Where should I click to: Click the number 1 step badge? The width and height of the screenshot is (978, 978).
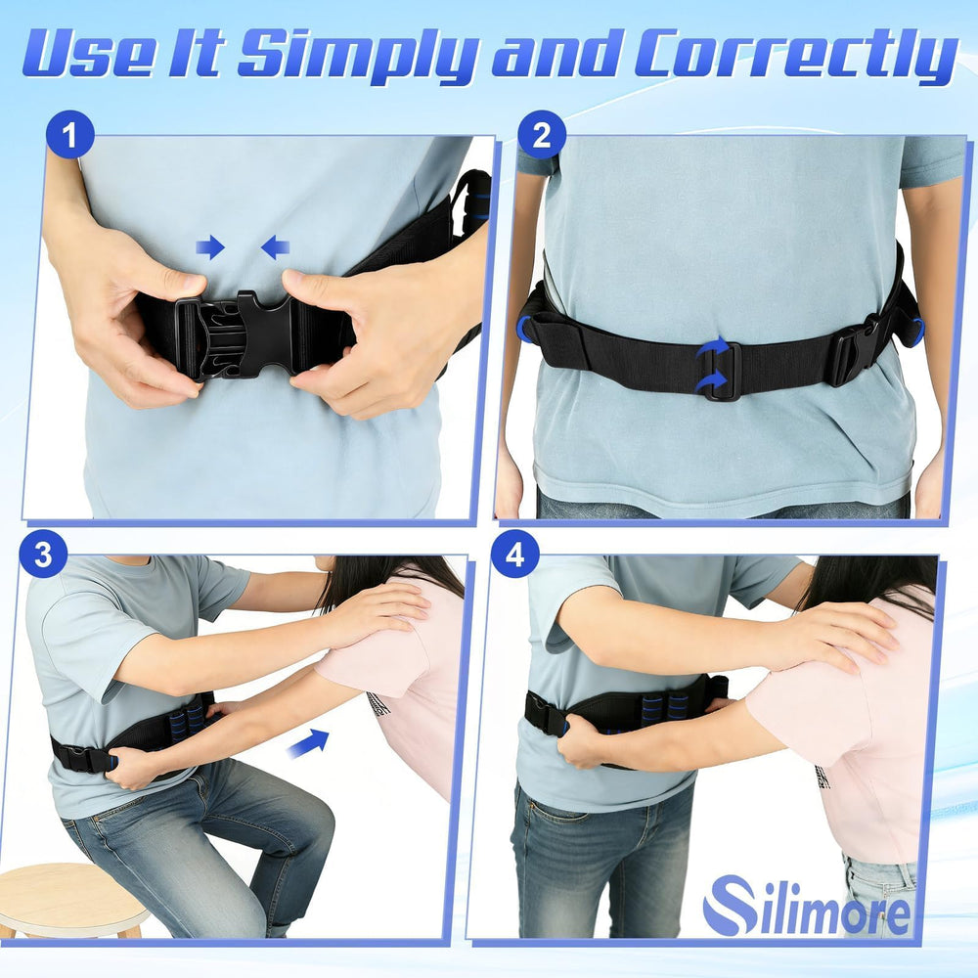point(69,135)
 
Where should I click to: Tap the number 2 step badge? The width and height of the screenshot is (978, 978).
point(542,135)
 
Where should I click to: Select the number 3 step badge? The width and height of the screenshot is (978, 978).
point(43,554)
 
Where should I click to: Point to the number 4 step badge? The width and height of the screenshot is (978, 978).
point(514,554)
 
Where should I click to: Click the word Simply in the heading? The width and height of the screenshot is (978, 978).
point(360,54)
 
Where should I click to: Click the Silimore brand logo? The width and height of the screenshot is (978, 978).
point(807,905)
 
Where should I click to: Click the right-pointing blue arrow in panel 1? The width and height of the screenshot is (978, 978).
point(210,247)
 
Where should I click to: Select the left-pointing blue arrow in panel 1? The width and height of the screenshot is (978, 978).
point(275,247)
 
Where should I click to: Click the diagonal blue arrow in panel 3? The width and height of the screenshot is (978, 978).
point(308,743)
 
